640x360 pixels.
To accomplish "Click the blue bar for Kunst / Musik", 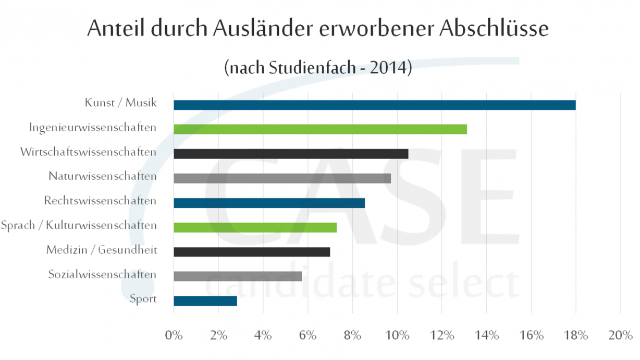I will (x=374, y=105).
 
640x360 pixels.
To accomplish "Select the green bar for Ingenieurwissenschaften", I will (x=320, y=129).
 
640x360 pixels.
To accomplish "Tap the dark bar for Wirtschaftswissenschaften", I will (x=291, y=154).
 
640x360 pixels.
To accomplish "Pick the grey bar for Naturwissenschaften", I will (x=282, y=178).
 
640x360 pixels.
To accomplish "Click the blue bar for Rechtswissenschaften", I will (x=269, y=203).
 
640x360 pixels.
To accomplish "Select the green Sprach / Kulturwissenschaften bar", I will (x=255, y=228).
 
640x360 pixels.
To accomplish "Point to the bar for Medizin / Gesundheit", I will (x=252, y=252).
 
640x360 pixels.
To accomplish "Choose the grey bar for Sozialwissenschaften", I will (x=238, y=276).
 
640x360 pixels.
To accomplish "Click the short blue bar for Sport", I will (x=205, y=301).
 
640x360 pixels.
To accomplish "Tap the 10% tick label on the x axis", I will (x=397, y=335).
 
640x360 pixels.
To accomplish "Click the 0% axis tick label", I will (x=174, y=335).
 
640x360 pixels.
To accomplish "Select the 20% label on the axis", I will (x=620, y=335).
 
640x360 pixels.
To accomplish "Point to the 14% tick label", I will (x=486, y=335).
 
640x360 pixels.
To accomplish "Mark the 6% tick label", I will (x=307, y=335).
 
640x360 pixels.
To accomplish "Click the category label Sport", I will (x=143, y=299).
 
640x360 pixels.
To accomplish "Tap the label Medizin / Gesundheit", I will (x=102, y=251).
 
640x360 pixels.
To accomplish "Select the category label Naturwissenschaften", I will (x=103, y=177).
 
